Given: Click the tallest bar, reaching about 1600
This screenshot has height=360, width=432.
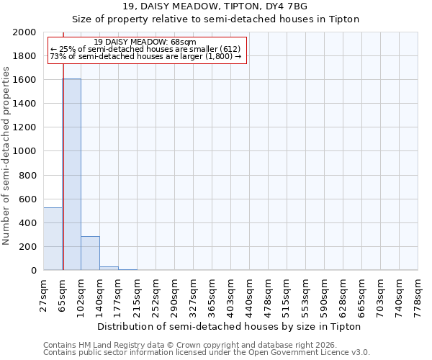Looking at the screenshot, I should click(71, 174).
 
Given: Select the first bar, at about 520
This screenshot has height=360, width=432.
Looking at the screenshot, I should click(53, 238).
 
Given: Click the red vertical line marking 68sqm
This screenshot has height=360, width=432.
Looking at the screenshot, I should click(63, 151).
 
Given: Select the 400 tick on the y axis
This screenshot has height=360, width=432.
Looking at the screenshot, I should click(30, 223).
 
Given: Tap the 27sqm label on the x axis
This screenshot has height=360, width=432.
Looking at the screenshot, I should click(43, 295).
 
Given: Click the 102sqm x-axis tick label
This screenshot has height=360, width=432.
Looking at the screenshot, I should click(81, 297).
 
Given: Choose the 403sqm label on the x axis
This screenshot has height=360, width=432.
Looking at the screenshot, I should click(230, 297).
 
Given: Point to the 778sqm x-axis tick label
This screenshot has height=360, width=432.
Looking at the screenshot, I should click(418, 297).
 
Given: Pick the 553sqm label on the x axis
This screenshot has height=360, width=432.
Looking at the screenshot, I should click(305, 297).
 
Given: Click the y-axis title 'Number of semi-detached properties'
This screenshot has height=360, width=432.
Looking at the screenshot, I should click(6, 156).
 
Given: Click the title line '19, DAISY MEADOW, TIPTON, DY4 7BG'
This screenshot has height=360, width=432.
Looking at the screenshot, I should click(215, 6).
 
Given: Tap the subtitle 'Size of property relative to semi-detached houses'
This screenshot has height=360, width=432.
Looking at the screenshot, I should click(215, 19).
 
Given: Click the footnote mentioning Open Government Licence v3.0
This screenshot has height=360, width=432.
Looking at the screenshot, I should click(206, 353).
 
